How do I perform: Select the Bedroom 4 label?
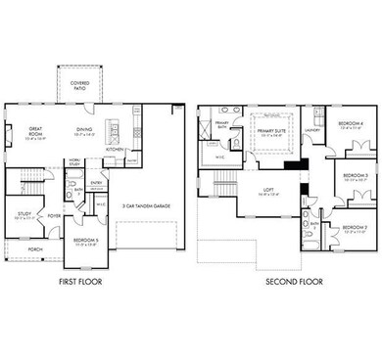(350, 124)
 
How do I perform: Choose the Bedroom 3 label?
(355, 177)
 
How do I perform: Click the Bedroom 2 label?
(354, 230)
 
